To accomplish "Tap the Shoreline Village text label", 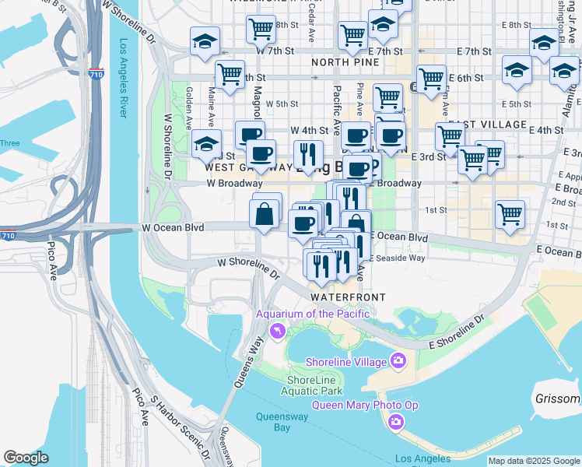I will click(346, 362).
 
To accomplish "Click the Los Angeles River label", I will click(122, 78).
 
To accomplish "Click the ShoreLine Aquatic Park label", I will click(311, 384).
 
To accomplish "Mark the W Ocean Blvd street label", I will click(173, 227).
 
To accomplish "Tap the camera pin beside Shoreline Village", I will click(398, 360).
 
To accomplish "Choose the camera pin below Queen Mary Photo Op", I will click(396, 422).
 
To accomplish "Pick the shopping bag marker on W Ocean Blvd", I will click(265, 212).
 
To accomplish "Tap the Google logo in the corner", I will click(26, 458).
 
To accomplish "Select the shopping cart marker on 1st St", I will click(510, 213).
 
